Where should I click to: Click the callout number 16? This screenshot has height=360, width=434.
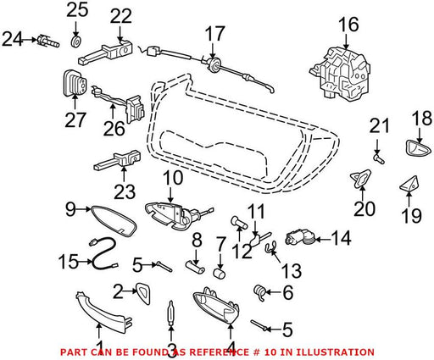pos(349,25)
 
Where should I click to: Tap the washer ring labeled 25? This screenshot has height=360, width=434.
pos(76,42)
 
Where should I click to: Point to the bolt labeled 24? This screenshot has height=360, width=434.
pos(48,42)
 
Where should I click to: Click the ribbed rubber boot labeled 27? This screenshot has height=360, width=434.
pos(74,83)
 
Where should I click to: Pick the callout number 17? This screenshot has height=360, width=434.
pos(214,34)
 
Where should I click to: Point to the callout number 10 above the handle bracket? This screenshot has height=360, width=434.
pos(173,179)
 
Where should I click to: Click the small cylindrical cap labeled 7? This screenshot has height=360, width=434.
pos(219,274)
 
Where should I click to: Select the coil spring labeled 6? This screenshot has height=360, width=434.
pos(260,293)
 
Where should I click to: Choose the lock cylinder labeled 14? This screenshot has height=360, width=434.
pos(301,239)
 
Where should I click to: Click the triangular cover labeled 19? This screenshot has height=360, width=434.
pos(409,185)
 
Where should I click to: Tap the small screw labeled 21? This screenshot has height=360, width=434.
pos(379,158)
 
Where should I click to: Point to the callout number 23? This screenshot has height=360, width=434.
pos(125,192)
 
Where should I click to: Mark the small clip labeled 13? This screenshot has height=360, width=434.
pos(270,247)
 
